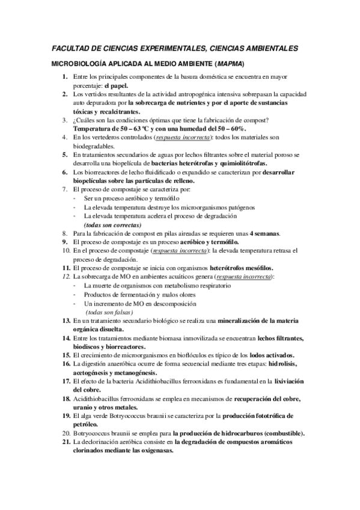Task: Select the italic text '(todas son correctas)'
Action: tap(113, 224)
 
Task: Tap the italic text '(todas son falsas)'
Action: tap(110, 312)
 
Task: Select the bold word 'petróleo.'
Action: tap(87, 425)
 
